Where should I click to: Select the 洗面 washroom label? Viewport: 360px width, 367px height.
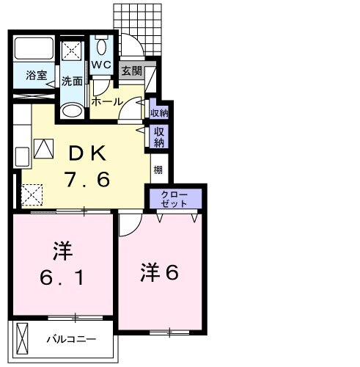72,81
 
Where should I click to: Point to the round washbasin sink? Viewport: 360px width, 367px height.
72,111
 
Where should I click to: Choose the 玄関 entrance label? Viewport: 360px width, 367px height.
131,71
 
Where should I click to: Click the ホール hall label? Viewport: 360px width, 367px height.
107,102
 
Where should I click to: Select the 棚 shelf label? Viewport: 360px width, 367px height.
158,170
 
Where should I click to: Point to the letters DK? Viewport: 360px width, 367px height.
89,153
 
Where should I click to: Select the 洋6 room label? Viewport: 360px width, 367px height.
160,272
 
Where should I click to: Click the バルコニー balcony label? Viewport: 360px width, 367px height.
72,339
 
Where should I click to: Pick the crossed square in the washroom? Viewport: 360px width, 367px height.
72,51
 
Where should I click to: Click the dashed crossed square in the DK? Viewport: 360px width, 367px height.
32,195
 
